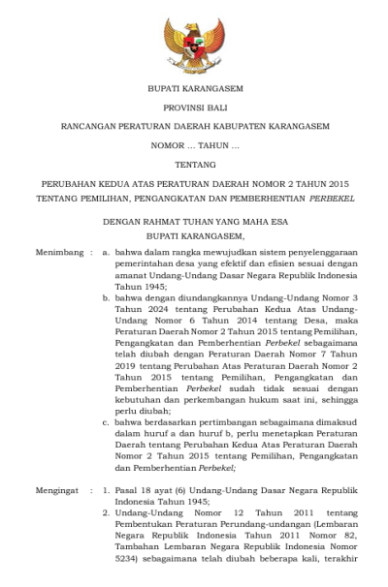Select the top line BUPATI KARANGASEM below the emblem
[x=195, y=88]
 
